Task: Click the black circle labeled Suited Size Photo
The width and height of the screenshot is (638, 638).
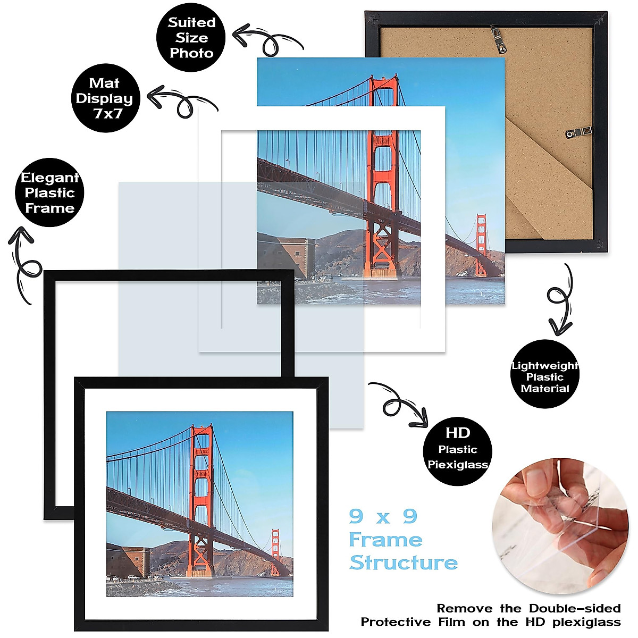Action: (191, 38)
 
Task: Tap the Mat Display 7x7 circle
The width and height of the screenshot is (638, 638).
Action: (105, 98)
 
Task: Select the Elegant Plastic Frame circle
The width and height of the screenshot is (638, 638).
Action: (49, 192)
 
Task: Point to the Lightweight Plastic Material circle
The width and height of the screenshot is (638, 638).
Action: (544, 376)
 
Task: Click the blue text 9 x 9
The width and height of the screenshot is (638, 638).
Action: (383, 516)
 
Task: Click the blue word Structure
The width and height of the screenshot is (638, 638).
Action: (404, 563)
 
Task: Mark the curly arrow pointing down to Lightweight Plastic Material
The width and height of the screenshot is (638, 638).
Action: (560, 300)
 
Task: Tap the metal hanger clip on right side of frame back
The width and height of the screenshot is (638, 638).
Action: (578, 131)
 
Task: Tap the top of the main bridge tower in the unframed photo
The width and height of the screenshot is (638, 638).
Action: (384, 83)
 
